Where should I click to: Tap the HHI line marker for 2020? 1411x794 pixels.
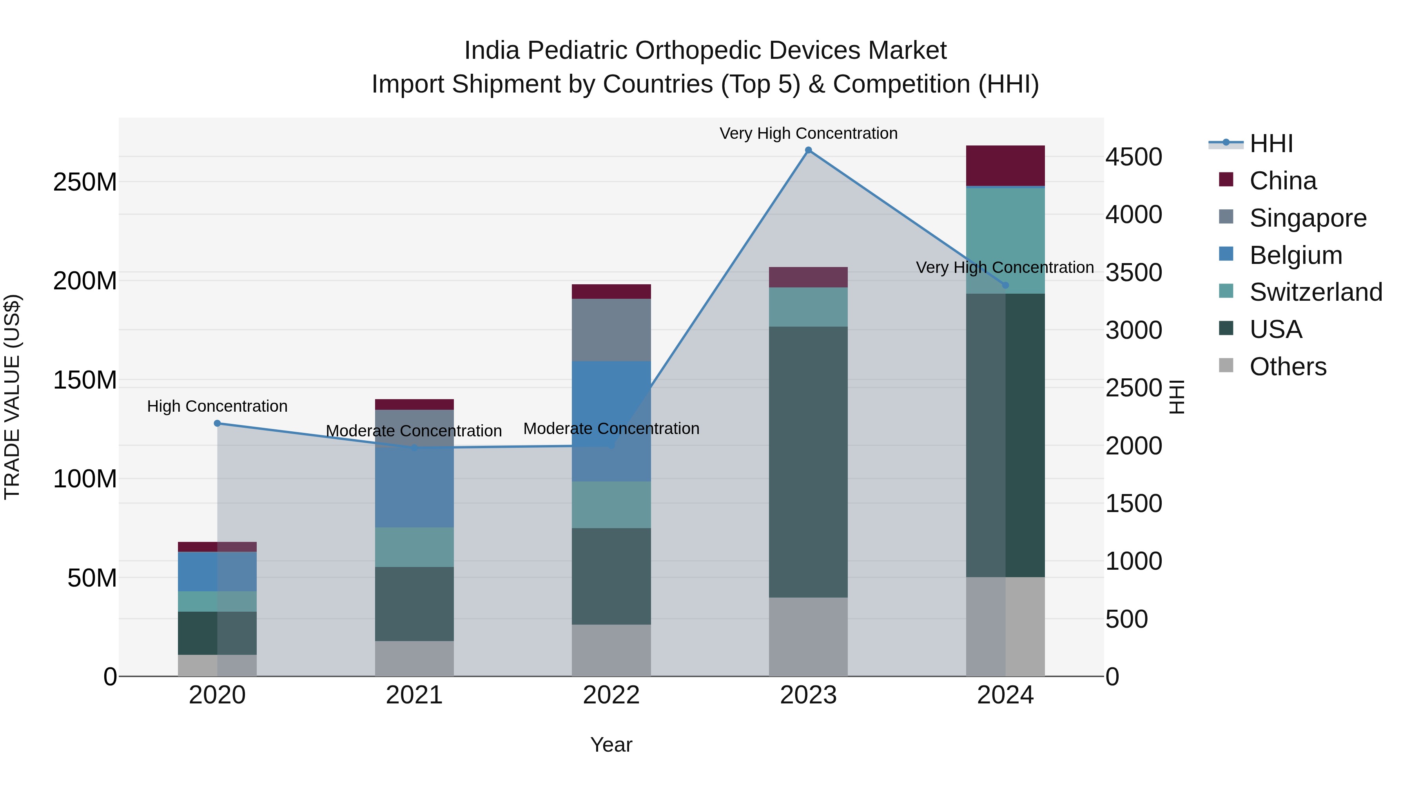[x=218, y=423]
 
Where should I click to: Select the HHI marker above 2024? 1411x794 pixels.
[x=1005, y=285]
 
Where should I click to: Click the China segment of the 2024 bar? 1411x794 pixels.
[x=1005, y=165]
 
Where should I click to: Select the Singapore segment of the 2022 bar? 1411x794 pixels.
[x=611, y=330]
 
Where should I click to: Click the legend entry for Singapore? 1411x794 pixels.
[x=1308, y=218]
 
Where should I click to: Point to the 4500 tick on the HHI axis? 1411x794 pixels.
[x=1133, y=157]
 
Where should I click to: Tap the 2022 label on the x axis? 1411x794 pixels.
[x=611, y=695]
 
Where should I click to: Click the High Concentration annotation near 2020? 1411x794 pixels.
[x=218, y=406]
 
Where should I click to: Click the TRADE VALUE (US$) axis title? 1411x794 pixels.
[x=12, y=397]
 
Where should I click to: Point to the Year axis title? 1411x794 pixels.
[x=611, y=745]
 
